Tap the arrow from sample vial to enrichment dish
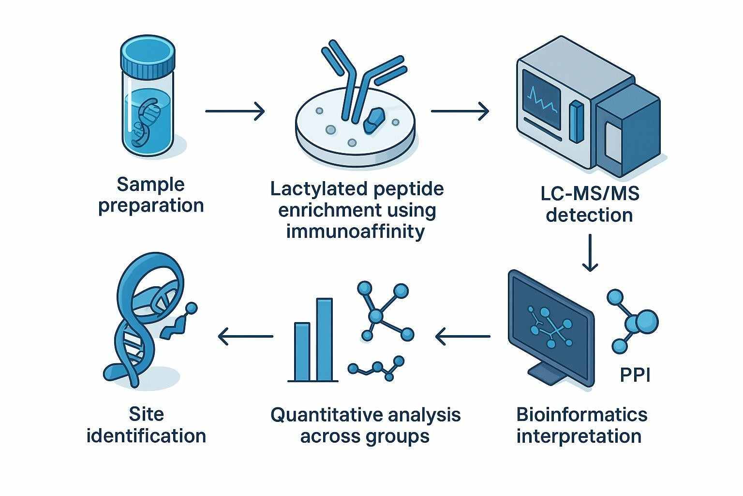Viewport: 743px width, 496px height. pyautogui.click(x=235, y=111)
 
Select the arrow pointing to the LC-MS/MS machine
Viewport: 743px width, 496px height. pyautogui.click(x=460, y=111)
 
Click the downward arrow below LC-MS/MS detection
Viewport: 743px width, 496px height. pyautogui.click(x=590, y=252)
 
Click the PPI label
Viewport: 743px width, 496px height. pyautogui.click(x=635, y=375)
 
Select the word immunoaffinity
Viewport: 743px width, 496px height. pyautogui.click(x=356, y=232)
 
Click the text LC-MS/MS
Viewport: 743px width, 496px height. pyautogui.click(x=590, y=194)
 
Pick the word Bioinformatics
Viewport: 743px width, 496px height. pyautogui.click(x=582, y=415)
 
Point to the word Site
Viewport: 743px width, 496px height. pyautogui.click(x=146, y=415)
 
